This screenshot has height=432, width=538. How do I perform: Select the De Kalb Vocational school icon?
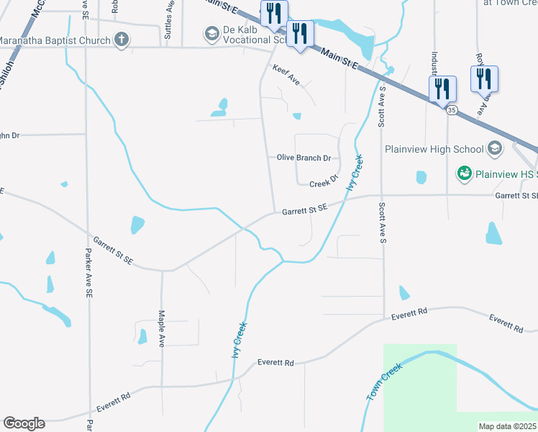pyautogui.click(x=211, y=33)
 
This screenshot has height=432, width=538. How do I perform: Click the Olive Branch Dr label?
pyautogui.click(x=304, y=158)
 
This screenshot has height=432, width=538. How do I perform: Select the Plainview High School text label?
pyautogui.click(x=434, y=149)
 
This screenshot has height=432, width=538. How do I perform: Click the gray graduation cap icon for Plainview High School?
pyautogui.click(x=493, y=149)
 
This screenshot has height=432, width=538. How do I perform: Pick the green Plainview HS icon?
pyautogui.click(x=465, y=174)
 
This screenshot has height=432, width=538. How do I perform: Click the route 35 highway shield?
pyautogui.click(x=451, y=110)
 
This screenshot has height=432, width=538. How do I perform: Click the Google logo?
pyautogui.click(x=24, y=423)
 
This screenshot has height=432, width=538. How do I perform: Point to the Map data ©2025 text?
pyautogui.click(x=506, y=426)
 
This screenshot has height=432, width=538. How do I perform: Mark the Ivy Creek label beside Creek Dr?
pyautogui.click(x=355, y=173)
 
